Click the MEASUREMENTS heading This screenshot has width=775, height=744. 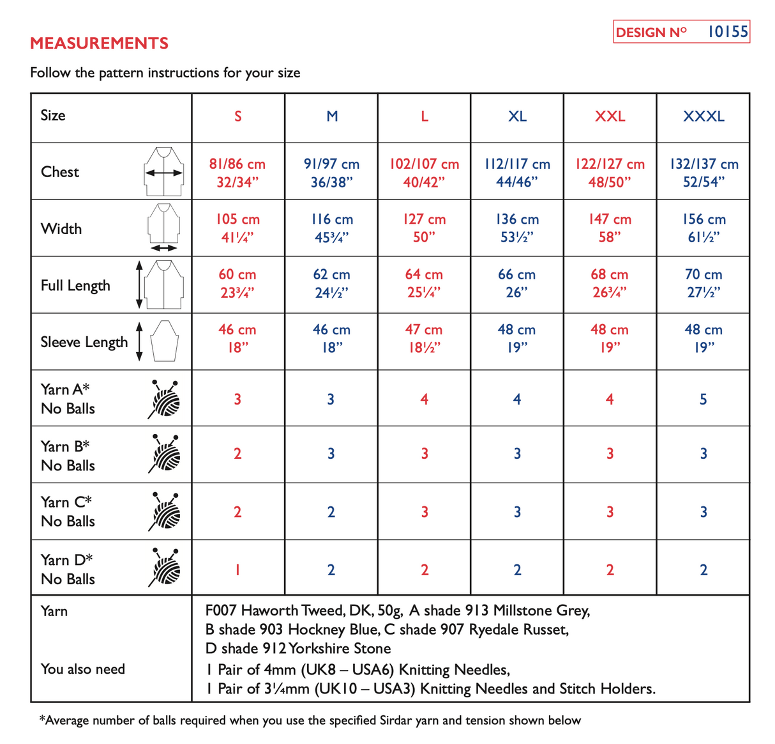100,43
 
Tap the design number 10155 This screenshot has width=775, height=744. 727,31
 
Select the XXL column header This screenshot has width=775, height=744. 610,116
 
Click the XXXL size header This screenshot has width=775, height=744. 704,116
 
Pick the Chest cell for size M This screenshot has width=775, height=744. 331,173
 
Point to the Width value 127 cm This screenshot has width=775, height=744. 424,220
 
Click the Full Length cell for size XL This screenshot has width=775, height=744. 516,283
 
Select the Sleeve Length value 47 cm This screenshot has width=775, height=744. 424,330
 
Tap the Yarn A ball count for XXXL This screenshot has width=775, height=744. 703,399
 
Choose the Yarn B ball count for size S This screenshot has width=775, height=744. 237,454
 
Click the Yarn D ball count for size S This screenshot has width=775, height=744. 237,570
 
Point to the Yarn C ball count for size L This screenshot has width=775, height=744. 425,512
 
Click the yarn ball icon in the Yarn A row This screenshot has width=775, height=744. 165,399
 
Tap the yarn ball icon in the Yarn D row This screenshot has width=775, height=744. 165,567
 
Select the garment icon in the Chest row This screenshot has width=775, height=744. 164,171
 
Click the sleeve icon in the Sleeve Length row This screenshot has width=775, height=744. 165,341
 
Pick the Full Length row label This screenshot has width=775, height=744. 75,286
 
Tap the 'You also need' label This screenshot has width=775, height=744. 83,669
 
